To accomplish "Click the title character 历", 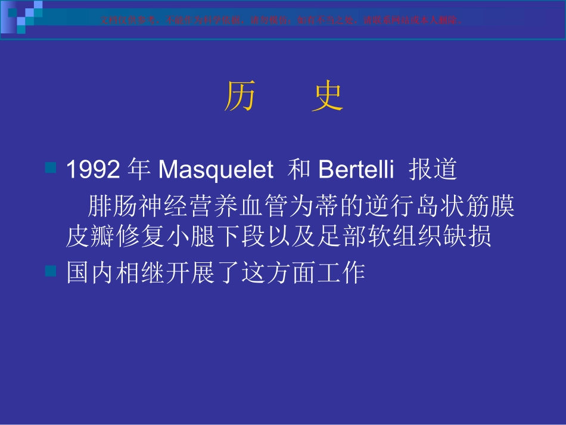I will pyautogui.click(x=240, y=97).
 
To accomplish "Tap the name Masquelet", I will pyautogui.click(x=215, y=170).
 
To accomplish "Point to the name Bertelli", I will pyautogui.click(x=356, y=170).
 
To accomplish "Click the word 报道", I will pyautogui.click(x=433, y=170).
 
